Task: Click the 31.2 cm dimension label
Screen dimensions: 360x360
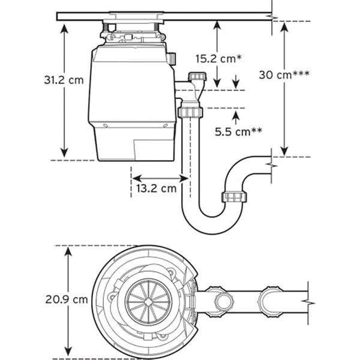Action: point(64,80)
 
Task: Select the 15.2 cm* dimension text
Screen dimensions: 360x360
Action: point(218,59)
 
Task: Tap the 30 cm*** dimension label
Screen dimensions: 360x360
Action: point(284,74)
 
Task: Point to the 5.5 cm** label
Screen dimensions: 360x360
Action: point(238,131)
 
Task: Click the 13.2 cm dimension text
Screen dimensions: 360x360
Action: point(157,188)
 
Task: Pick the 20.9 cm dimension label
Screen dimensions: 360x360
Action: point(67,299)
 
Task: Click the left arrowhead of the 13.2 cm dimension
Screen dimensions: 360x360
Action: point(137,178)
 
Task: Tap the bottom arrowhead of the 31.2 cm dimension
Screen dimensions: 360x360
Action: point(64,153)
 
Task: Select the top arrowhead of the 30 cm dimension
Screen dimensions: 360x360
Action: point(284,28)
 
